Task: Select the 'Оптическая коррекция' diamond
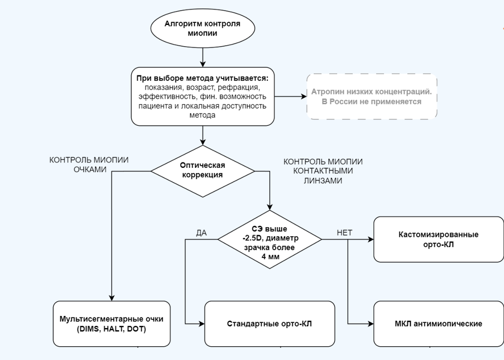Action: (x=203, y=171)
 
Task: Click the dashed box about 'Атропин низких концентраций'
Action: (x=372, y=96)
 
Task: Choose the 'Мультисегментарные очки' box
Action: (x=111, y=323)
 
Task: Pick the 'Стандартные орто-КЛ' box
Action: (x=270, y=323)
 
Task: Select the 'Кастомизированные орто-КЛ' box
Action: (x=438, y=239)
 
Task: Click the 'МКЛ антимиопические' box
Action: (x=438, y=323)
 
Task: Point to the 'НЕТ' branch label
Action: (x=344, y=233)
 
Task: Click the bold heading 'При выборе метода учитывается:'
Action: (x=202, y=78)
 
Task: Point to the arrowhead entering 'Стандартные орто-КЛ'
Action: (x=202, y=323)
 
